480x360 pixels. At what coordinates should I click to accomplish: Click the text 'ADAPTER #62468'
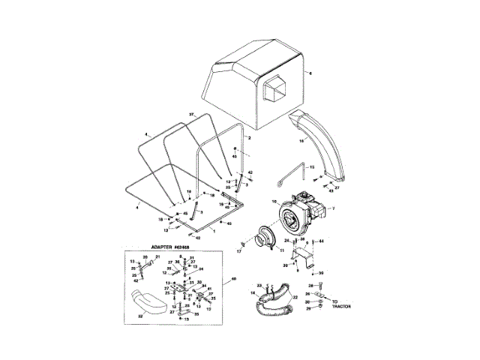[159, 247]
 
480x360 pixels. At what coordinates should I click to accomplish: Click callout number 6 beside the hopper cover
[307, 73]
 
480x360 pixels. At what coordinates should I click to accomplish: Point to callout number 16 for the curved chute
[301, 140]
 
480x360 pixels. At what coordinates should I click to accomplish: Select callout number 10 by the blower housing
[274, 202]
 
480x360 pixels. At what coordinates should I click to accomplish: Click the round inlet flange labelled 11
[265, 239]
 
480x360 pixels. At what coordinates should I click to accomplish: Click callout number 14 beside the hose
[253, 292]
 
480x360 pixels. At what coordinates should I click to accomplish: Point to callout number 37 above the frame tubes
[191, 113]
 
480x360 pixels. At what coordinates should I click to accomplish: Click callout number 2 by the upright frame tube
[248, 139]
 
